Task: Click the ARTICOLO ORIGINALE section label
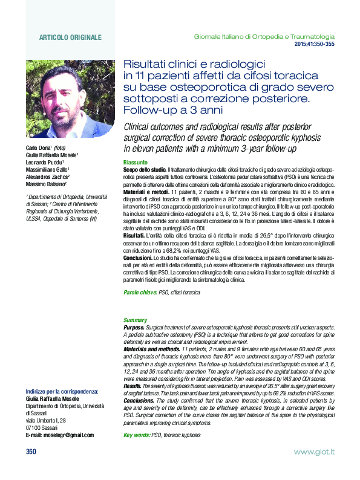point(70,37)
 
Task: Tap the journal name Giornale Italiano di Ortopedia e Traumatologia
point(264,37)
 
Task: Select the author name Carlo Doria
point(39,148)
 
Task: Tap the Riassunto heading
point(135,163)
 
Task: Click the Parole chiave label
point(140,292)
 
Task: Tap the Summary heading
point(135,320)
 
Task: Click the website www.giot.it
point(314,452)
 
